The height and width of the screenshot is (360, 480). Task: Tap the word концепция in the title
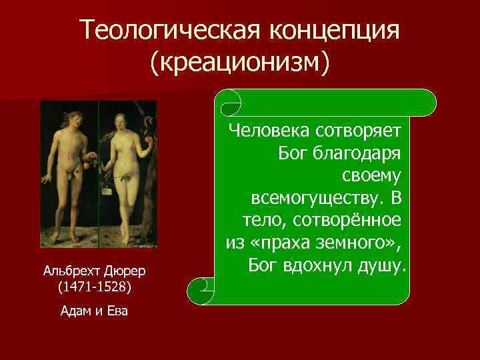pos(335,30)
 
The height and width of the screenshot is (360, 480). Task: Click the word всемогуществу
pos(321,198)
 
